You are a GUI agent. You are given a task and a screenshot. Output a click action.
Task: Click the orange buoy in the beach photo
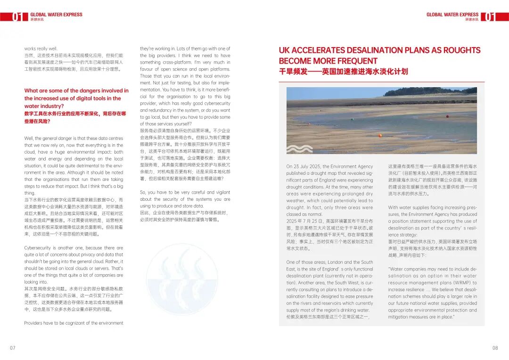point(380,135)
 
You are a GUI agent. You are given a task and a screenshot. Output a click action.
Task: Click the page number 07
point(13,348)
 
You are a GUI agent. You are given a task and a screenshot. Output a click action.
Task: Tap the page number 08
point(495,348)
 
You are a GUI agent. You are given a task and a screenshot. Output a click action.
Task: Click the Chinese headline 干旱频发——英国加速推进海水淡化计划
point(343,72)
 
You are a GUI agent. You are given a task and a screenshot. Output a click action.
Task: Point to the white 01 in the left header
point(17,17)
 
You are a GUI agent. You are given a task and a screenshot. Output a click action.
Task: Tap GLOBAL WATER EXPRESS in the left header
point(56,15)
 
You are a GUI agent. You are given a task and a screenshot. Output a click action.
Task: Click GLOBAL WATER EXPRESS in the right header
point(452,15)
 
